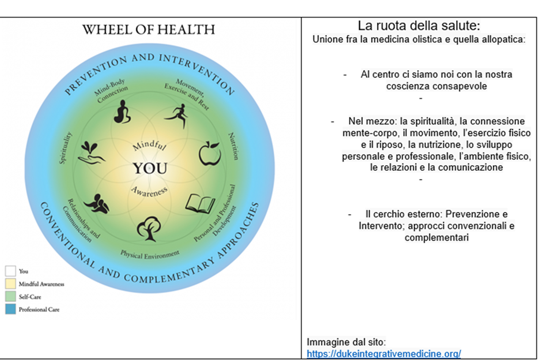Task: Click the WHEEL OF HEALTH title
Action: click(x=149, y=30)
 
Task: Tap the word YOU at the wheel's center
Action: click(x=150, y=169)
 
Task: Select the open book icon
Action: click(x=200, y=203)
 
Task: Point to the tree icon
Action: click(x=149, y=229)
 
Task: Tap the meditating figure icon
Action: click(x=122, y=112)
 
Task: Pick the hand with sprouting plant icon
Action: click(x=91, y=152)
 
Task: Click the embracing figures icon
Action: click(x=96, y=203)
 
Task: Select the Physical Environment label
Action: click(x=150, y=255)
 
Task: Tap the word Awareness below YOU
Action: click(x=149, y=191)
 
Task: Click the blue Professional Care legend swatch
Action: click(x=10, y=309)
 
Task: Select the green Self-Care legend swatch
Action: click(x=10, y=297)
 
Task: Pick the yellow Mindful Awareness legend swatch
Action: click(x=10, y=283)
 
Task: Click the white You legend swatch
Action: click(x=10, y=271)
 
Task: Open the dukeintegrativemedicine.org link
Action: click(x=384, y=354)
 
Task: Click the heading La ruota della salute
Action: click(x=419, y=26)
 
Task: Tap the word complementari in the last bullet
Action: click(x=436, y=238)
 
